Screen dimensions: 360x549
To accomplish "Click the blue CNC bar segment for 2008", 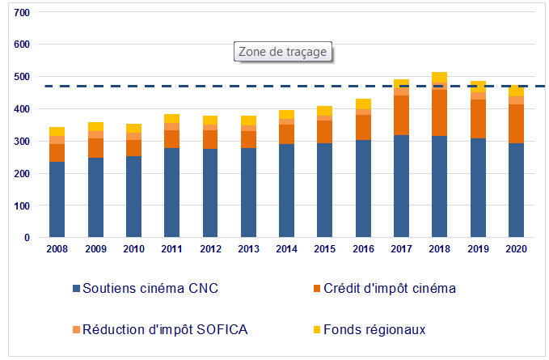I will pyautogui.click(x=57, y=200).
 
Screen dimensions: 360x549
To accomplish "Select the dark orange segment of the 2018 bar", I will pyautogui.click(x=439, y=112).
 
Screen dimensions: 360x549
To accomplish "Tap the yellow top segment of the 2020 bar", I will pyautogui.click(x=516, y=91).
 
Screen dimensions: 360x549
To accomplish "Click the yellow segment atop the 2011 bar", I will pyautogui.click(x=171, y=119).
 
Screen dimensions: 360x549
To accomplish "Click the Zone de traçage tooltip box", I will pyautogui.click(x=282, y=52).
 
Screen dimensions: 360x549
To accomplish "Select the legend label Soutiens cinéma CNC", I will pyautogui.click(x=150, y=288).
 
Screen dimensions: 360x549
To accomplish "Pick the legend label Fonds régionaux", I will pyautogui.click(x=374, y=329).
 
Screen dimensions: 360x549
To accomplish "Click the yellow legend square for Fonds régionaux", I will pyautogui.click(x=315, y=330).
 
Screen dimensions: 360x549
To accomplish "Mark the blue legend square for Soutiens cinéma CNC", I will pyautogui.click(x=76, y=289).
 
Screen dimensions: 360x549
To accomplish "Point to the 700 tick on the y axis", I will pyautogui.click(x=22, y=14).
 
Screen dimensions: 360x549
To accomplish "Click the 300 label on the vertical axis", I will pyautogui.click(x=22, y=142).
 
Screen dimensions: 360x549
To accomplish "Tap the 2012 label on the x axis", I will pyautogui.click(x=209, y=249).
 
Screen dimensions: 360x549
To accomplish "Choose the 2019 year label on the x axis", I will pyautogui.click(x=478, y=249).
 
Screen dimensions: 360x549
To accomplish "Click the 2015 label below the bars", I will pyautogui.click(x=324, y=249).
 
